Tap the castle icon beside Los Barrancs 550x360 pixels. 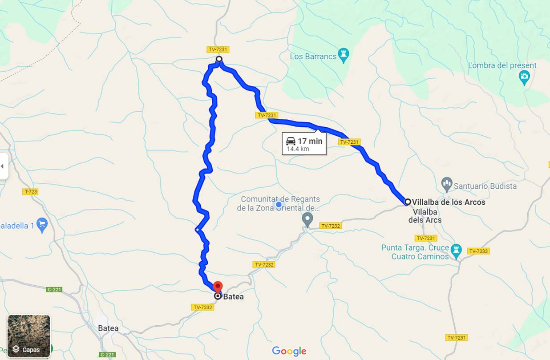click(344, 55)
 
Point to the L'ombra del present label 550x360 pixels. click(502, 65)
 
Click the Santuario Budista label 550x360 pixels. click(485, 186)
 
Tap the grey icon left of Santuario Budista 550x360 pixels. click(446, 183)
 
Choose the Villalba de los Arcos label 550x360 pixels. click(449, 202)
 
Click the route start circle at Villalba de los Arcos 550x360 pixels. click(408, 202)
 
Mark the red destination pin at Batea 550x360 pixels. click(218, 287)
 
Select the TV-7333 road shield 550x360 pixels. click(478, 251)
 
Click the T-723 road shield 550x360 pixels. click(31, 192)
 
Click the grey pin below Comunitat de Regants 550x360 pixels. click(307, 219)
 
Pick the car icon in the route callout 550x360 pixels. click(291, 141)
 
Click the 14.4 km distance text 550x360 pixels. click(298, 149)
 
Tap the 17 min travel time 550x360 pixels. click(310, 141)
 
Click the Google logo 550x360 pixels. click(289, 351)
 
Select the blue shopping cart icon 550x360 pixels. click(42, 225)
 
